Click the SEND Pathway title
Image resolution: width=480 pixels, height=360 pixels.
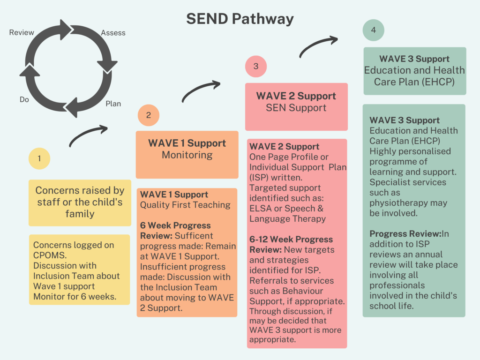coord(240,19)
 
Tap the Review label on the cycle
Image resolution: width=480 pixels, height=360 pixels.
coord(22,32)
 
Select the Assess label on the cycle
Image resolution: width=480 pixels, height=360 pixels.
coord(113,33)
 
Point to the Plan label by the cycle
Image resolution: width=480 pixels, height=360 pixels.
coord(113,104)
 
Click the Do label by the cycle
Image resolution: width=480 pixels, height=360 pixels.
coord(24,99)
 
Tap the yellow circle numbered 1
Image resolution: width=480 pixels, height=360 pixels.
coord(39,158)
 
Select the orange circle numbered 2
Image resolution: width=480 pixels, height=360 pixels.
coord(149,115)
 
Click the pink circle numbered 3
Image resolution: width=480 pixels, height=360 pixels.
coord(256,67)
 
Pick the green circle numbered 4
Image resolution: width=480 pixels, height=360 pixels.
coord(373,30)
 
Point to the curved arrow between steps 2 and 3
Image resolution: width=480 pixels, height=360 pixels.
coord(201,91)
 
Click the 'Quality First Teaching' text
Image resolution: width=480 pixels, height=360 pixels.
coord(185,205)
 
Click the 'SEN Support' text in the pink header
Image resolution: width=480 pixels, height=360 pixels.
coord(296,108)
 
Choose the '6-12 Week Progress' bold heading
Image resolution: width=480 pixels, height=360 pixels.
coord(291,239)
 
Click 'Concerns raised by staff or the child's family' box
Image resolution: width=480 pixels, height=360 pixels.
coord(80,202)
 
